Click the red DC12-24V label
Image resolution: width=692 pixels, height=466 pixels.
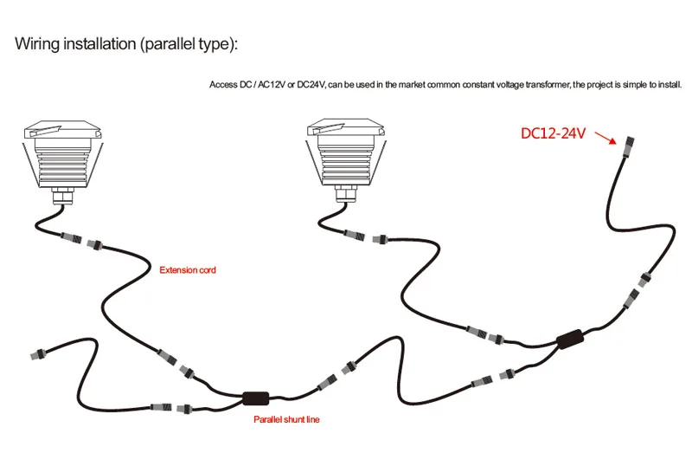click(553, 133)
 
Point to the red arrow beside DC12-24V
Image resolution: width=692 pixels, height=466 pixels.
click(605, 137)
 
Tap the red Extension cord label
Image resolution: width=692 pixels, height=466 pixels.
click(188, 270)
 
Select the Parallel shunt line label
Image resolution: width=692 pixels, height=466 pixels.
click(286, 419)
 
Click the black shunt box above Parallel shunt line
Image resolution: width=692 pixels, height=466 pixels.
click(256, 398)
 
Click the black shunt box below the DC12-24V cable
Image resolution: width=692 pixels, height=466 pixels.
click(570, 340)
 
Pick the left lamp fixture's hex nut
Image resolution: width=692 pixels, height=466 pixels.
click(63, 196)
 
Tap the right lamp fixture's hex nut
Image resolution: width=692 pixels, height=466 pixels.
click(346, 193)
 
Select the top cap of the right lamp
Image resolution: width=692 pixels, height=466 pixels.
click(346, 127)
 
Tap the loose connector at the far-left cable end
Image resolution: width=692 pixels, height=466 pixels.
click(38, 354)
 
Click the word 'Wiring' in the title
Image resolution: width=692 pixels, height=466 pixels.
click(37, 44)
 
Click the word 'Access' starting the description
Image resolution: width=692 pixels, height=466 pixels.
click(224, 84)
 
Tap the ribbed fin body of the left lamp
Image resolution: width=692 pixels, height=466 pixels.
click(63, 164)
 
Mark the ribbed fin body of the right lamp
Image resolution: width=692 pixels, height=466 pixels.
click(346, 161)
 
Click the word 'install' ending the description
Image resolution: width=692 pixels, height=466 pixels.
click(670, 84)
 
